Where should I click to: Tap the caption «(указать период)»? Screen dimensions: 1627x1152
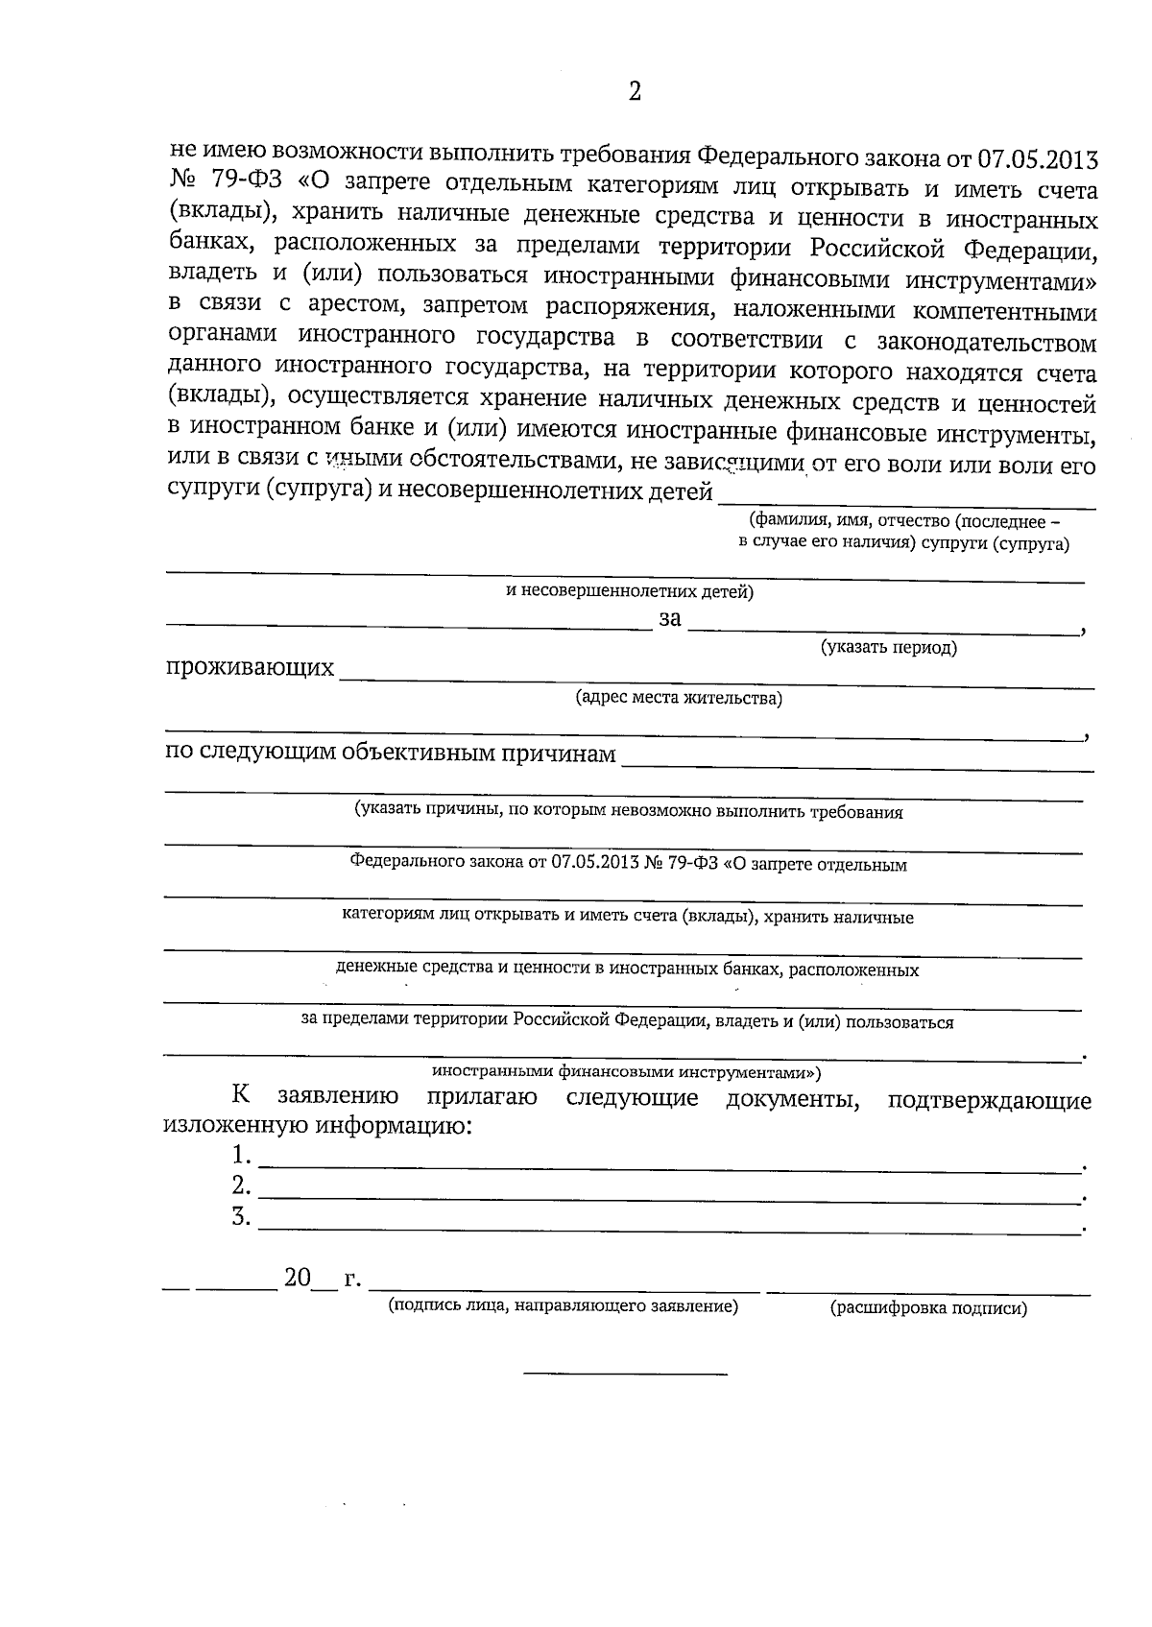(x=889, y=648)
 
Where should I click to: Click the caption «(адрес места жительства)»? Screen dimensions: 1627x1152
(x=679, y=698)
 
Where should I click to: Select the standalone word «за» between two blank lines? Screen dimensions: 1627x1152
(x=669, y=619)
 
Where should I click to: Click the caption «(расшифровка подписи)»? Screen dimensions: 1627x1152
(x=928, y=1307)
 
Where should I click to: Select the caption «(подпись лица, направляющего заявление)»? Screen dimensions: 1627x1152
(x=563, y=1306)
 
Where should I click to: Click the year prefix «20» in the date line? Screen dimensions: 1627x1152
(x=296, y=1279)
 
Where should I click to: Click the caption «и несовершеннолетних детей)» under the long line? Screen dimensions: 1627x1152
(x=630, y=592)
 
